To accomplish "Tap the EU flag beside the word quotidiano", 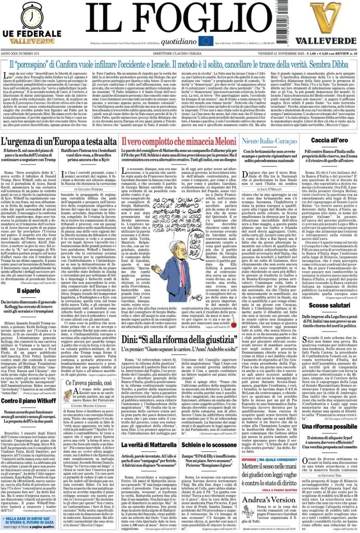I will [205, 41].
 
